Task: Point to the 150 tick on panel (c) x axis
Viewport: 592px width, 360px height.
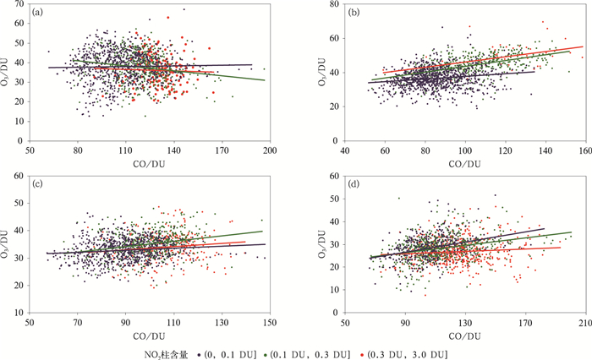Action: pyautogui.click(x=270, y=321)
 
